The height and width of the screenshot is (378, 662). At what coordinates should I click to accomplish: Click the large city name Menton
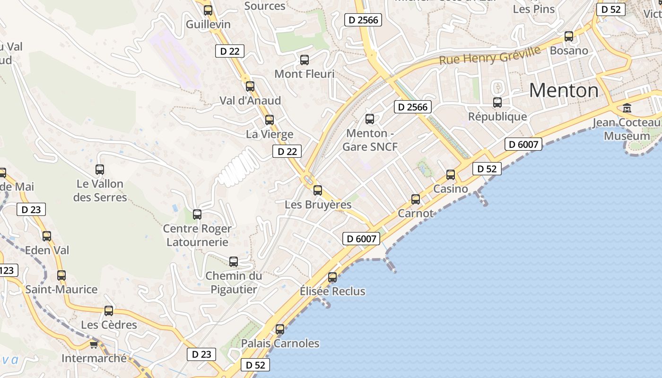[564, 90]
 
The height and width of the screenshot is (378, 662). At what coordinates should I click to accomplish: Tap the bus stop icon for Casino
[451, 175]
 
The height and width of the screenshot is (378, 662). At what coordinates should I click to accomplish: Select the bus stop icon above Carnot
[416, 199]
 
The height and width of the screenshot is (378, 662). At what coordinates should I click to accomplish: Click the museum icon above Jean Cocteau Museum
[627, 108]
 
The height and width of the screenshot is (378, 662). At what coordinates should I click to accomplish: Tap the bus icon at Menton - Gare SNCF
[370, 119]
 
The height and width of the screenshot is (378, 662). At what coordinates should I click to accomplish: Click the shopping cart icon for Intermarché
[94, 344]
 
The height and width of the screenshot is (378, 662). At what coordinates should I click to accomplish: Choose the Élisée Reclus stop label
[332, 291]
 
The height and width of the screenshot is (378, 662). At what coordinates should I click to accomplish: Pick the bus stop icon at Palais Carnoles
[280, 329]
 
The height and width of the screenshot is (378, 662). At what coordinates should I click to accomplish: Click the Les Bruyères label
[318, 205]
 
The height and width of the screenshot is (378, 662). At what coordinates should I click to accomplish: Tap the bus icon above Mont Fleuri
[305, 60]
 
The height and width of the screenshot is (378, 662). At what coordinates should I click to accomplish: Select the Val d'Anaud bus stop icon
[250, 86]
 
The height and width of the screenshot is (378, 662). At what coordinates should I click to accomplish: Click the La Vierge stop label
[270, 134]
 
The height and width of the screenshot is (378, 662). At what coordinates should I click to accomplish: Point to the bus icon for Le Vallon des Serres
[100, 170]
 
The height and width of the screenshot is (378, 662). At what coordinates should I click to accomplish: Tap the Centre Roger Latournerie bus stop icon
[197, 215]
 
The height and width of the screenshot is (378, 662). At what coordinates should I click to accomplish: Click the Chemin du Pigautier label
[234, 283]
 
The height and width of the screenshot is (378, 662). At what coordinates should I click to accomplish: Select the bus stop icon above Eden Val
[47, 236]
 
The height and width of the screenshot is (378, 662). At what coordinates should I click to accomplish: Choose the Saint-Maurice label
[61, 289]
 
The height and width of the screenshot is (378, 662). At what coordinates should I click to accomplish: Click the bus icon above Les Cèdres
[109, 311]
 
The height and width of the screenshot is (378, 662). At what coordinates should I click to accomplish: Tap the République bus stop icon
[497, 103]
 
